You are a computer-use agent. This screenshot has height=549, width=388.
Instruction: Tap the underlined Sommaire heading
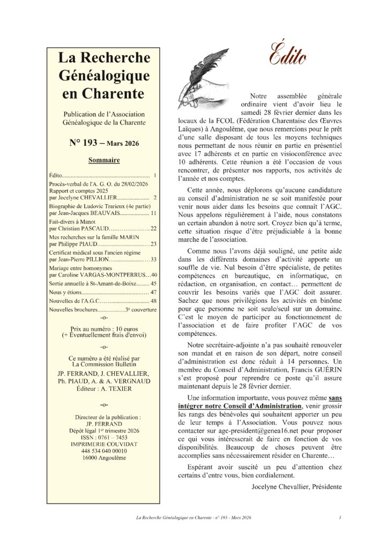tap(103, 160)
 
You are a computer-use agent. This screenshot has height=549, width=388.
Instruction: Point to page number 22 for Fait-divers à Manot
tap(153, 228)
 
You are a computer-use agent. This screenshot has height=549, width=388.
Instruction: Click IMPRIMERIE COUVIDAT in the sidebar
tap(103, 444)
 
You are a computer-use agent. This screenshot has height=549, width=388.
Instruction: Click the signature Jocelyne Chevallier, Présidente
tap(296, 487)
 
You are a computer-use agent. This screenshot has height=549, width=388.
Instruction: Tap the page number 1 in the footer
tap(340, 518)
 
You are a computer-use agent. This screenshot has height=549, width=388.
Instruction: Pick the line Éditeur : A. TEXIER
tap(103, 388)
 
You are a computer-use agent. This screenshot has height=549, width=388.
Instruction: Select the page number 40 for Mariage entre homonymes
tap(154, 275)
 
